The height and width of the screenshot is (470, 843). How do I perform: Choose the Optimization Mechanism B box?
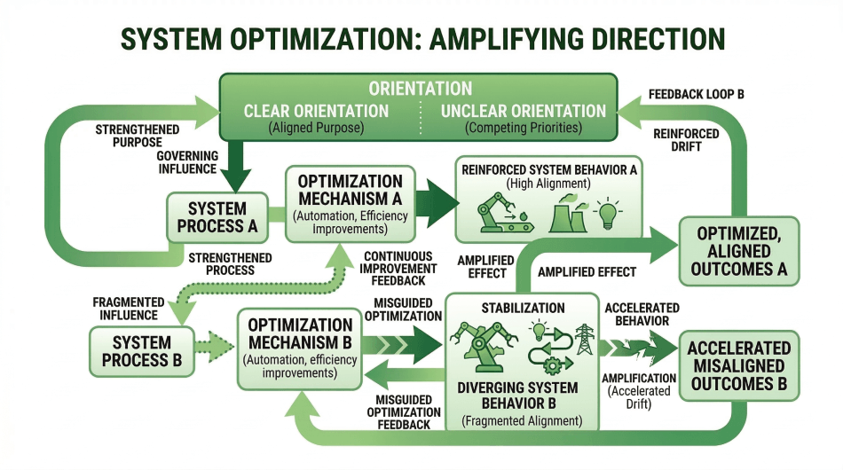[300, 349]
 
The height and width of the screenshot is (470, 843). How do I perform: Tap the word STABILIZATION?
[522, 308]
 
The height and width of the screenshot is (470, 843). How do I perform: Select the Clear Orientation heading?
[317, 112]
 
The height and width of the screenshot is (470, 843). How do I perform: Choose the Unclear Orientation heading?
[524, 112]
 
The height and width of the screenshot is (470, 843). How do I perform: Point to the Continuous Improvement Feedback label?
[399, 269]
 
